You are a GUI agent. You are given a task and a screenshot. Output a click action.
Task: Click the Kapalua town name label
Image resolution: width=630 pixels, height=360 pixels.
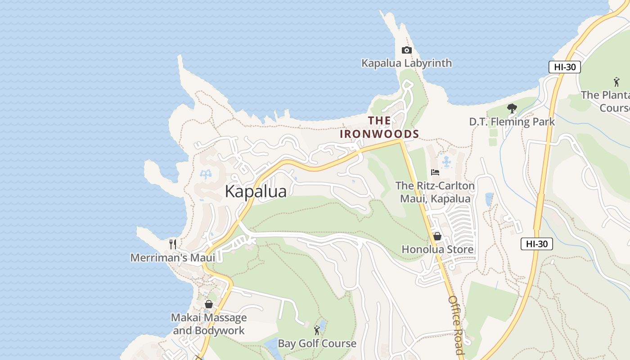[x=256, y=191]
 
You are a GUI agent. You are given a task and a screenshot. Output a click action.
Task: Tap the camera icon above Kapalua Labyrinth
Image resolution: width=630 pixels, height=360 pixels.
[x=406, y=50]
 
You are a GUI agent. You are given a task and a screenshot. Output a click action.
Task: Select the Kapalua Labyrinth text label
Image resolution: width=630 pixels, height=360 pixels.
[x=406, y=63]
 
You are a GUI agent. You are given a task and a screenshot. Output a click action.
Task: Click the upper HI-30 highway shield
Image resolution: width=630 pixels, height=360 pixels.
[x=565, y=67]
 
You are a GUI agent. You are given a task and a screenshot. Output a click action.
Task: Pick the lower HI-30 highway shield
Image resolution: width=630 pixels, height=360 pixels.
[x=536, y=244]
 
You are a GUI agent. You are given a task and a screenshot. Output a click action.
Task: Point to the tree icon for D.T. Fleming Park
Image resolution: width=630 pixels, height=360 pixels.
[x=512, y=108]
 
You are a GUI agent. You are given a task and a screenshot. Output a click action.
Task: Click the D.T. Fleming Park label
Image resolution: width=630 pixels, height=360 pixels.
[x=512, y=121]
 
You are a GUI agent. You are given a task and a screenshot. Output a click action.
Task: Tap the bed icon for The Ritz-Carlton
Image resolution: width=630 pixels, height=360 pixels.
[x=435, y=172]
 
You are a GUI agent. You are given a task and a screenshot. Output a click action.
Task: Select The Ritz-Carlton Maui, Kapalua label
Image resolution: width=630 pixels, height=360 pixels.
[x=435, y=192]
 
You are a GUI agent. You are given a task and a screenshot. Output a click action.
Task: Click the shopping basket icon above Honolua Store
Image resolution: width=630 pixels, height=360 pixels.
[x=437, y=236]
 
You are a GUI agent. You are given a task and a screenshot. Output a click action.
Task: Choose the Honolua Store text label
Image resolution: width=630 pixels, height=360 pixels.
[x=437, y=249]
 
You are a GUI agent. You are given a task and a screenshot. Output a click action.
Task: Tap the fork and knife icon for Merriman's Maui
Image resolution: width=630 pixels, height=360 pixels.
[x=173, y=244]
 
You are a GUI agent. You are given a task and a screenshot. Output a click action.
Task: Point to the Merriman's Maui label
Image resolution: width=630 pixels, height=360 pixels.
[x=173, y=257]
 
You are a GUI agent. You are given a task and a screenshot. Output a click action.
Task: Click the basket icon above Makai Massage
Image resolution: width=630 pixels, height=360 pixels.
[x=208, y=304]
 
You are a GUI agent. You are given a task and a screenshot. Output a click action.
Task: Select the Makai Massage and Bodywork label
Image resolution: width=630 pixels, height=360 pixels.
[x=209, y=324]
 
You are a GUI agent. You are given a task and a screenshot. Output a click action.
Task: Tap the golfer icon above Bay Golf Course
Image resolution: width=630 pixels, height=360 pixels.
[x=317, y=330]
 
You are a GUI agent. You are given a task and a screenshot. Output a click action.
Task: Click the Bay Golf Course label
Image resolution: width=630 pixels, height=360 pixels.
[x=317, y=343]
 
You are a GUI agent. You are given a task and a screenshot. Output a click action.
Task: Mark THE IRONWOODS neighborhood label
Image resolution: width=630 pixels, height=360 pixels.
[x=379, y=127]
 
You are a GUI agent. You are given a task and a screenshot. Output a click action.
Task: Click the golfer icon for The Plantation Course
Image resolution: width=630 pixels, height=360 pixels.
[x=616, y=82]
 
